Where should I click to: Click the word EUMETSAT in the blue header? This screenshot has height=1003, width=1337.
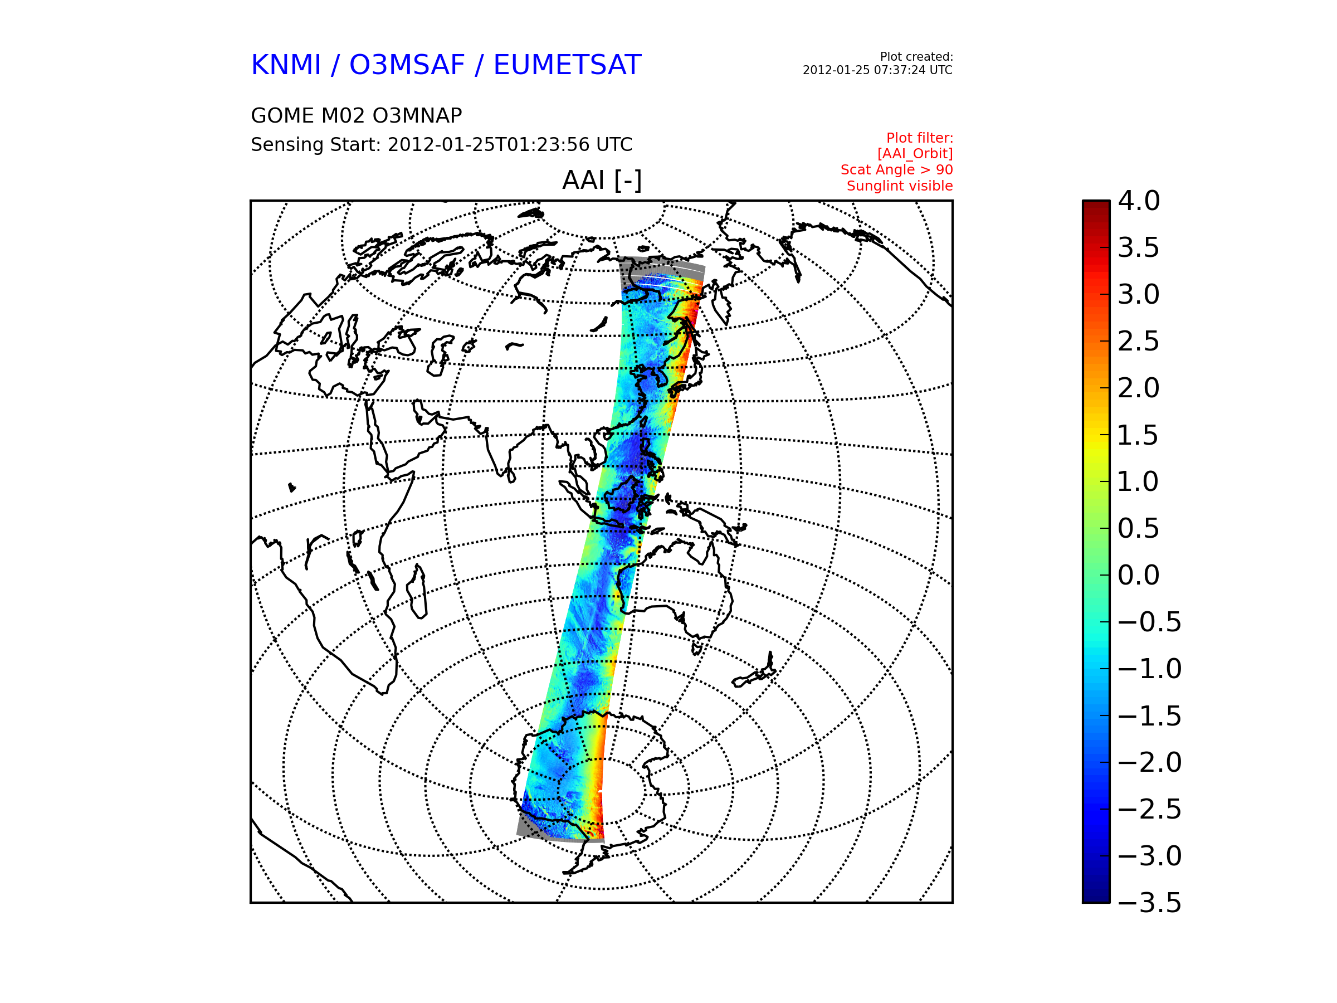(567, 65)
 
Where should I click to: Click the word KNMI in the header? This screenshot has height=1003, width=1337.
(286, 65)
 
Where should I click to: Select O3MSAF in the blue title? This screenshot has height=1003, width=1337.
(407, 65)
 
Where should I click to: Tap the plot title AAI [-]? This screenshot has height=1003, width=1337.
(602, 180)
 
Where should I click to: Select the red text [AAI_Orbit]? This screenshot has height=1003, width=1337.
(915, 154)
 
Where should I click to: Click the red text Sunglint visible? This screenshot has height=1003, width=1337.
(900, 186)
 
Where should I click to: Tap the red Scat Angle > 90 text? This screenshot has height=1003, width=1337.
(897, 170)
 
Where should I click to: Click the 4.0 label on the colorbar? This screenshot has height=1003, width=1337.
(1139, 201)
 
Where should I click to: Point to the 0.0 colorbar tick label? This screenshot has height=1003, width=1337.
(1139, 575)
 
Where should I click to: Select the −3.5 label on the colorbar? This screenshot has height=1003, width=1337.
(1150, 903)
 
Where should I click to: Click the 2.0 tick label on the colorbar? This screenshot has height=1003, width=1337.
(1139, 388)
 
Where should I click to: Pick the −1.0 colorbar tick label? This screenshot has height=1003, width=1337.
(1150, 669)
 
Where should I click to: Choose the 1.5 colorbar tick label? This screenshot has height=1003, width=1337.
(1138, 435)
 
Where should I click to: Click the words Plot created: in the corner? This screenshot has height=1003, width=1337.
(916, 57)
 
